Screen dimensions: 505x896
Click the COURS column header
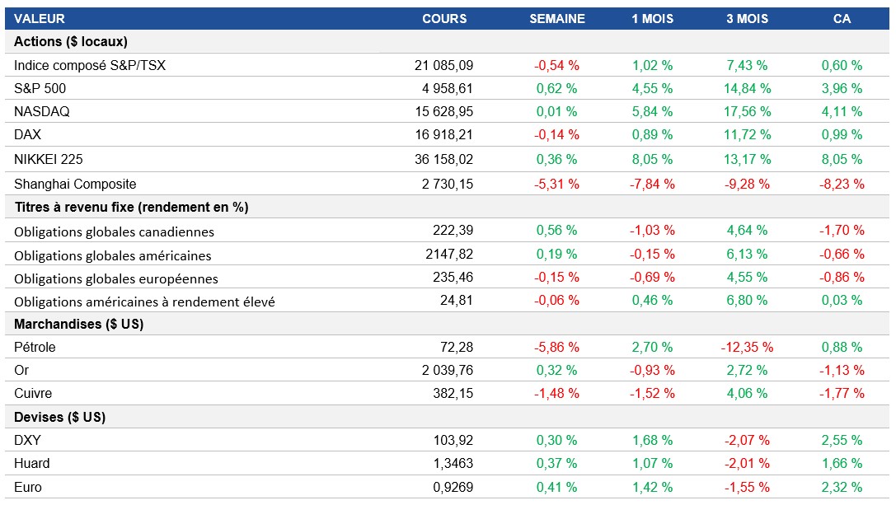tap(444, 18)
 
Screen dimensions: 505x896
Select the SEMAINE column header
tap(556, 18)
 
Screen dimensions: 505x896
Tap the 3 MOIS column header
tap(747, 18)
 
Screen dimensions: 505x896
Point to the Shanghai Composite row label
tap(75, 184)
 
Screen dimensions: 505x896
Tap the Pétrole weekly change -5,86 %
tap(556, 347)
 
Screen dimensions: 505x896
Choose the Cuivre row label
tap(33, 393)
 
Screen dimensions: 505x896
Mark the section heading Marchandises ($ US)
tap(78, 324)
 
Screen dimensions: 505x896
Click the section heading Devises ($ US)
tap(59, 417)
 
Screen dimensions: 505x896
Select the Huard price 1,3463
tap(453, 463)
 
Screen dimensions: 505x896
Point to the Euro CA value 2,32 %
tap(842, 487)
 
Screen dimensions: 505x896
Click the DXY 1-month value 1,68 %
tap(652, 440)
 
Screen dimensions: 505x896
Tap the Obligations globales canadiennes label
tap(114, 231)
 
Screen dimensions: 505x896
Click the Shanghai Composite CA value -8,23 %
tap(842, 184)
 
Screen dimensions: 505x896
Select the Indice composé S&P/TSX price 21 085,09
tap(443, 65)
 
